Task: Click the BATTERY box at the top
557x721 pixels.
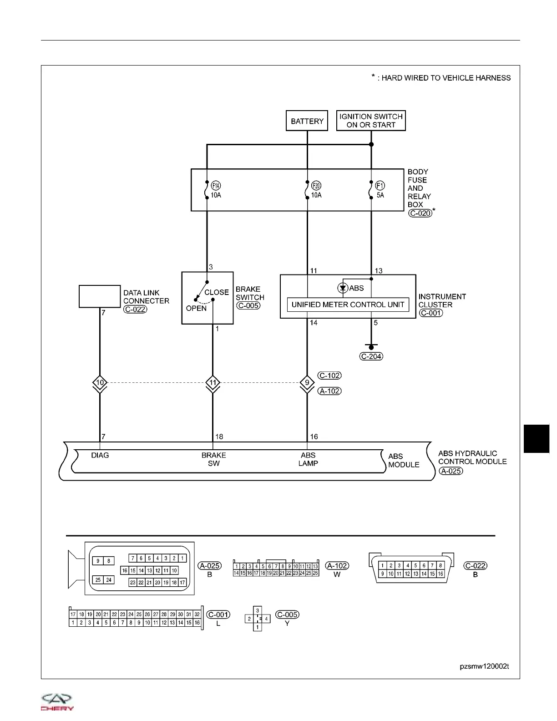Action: tap(307, 121)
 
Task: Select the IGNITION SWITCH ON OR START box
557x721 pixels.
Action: tap(371, 121)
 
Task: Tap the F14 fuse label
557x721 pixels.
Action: tap(216, 186)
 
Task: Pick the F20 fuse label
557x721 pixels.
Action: tap(316, 186)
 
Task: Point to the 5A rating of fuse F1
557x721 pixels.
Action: tap(380, 195)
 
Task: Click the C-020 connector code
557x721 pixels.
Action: tap(420, 213)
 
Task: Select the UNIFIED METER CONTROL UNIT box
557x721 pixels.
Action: tap(348, 305)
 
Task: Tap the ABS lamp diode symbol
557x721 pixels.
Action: tap(343, 288)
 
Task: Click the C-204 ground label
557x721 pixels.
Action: tap(371, 356)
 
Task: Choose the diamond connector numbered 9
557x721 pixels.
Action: tap(307, 383)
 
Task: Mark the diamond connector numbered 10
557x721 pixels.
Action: tap(100, 383)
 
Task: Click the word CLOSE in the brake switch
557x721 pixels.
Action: tap(217, 292)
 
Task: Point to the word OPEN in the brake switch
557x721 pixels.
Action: tap(196, 308)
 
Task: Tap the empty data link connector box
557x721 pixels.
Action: tap(100, 296)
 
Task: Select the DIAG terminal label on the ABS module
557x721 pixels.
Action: tap(100, 455)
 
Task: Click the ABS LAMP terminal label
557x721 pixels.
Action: tap(308, 459)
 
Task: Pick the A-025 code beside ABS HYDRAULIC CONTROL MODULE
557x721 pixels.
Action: tap(451, 471)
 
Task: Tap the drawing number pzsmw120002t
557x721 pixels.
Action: tap(484, 666)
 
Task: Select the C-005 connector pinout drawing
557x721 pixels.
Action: tap(258, 619)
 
